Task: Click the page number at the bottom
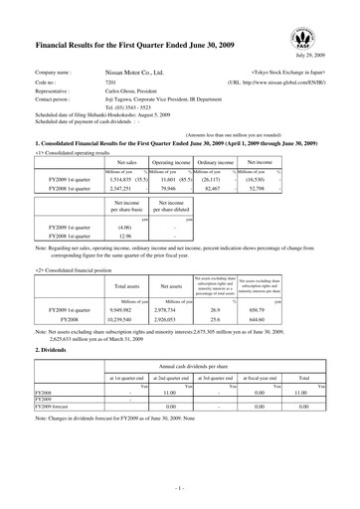179,491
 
